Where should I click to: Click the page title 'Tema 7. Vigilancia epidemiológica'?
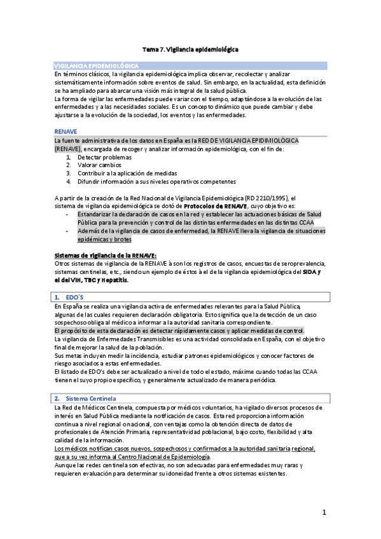click(x=190, y=49)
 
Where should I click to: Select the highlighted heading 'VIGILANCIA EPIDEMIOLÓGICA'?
click(x=97, y=65)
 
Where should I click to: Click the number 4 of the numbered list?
click(x=68, y=181)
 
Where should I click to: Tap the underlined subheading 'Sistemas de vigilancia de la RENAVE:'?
click(x=101, y=255)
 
